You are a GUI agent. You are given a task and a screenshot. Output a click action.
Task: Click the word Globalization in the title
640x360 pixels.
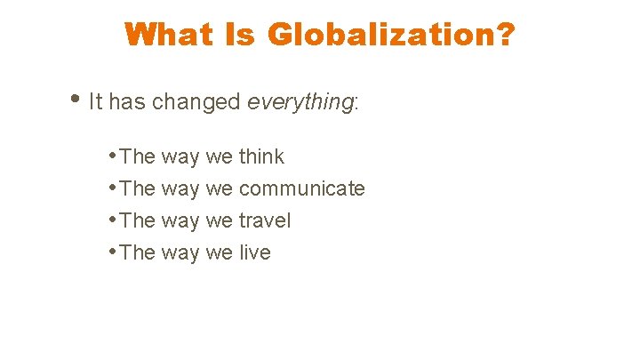381,35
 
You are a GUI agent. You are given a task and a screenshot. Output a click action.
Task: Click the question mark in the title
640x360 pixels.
504,35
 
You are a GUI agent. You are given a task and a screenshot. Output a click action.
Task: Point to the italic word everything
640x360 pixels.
300,102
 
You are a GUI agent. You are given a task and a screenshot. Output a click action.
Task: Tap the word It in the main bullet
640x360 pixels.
96,102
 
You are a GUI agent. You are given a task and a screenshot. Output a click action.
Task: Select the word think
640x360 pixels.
261,156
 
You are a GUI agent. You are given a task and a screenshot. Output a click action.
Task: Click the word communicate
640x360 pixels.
301,188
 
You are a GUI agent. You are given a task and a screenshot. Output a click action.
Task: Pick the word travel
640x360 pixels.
265,220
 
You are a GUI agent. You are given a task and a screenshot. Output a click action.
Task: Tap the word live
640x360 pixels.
254,252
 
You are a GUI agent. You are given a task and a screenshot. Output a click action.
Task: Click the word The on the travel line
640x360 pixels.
137,220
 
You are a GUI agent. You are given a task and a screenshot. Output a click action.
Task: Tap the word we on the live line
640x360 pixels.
219,253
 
